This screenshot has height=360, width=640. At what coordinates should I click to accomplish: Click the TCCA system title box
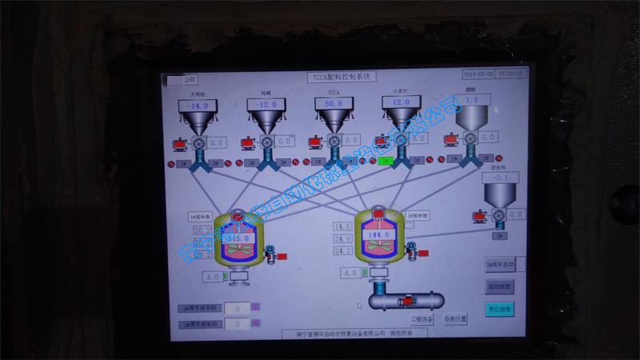pos(342,76)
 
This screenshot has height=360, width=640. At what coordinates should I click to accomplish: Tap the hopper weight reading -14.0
pos(196,105)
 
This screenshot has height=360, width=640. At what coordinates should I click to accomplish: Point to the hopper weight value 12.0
pos(401,102)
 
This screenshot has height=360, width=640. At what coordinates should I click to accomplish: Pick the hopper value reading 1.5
pos(472,101)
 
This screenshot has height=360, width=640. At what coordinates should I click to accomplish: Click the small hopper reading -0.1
pos(499,178)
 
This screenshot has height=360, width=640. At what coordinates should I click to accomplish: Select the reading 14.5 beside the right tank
pos(343,227)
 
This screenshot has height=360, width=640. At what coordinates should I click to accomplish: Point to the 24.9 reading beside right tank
pos(343,239)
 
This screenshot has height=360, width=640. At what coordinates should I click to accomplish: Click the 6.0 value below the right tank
pos(352,273)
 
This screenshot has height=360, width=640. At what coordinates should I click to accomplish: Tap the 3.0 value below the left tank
pos(213,277)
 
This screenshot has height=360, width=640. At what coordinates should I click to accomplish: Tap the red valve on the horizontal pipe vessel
pos(408,301)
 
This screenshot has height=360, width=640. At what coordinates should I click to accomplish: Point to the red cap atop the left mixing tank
pos(238,214)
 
